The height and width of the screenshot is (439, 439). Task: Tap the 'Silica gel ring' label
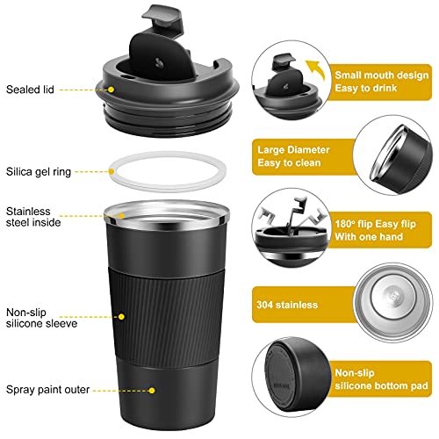tap(39, 172)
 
